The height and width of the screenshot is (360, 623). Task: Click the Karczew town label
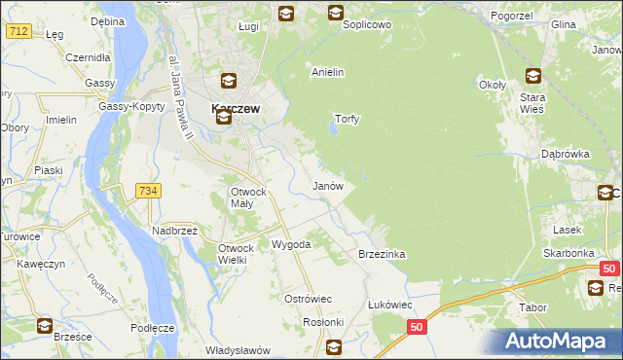(236, 109)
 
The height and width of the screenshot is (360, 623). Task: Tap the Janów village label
(326, 185)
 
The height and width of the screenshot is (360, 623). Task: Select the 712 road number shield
(18, 31)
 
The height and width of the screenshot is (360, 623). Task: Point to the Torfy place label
(348, 120)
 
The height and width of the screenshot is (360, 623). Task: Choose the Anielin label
(328, 72)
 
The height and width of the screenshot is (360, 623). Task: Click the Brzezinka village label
(382, 253)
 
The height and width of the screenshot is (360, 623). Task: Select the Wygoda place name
(291, 244)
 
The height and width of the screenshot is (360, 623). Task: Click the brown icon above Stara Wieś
(533, 76)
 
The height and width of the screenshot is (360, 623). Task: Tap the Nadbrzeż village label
(174, 231)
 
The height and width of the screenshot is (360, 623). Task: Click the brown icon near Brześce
(45, 326)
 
